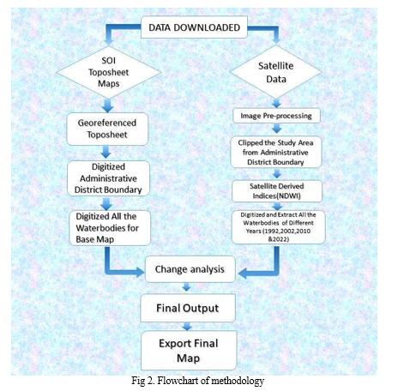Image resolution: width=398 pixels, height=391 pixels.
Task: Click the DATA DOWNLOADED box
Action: [x=194, y=27]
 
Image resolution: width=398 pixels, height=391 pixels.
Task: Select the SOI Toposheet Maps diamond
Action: [x=109, y=72]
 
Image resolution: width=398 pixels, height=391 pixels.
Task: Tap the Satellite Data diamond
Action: [x=276, y=72]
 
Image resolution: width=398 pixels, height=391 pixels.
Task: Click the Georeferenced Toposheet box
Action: [x=107, y=129]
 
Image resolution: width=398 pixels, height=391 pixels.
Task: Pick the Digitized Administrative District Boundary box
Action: [x=108, y=178]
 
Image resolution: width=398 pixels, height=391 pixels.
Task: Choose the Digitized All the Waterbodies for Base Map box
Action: [x=110, y=228]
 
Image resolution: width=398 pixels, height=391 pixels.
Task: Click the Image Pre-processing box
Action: [x=276, y=116]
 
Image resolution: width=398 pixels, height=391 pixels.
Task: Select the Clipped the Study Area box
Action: [x=276, y=152]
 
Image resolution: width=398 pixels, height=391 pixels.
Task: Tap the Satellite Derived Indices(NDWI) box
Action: [x=277, y=191]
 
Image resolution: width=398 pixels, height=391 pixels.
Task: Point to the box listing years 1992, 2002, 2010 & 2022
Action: [x=279, y=227]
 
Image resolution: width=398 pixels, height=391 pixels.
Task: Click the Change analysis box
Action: [x=190, y=269]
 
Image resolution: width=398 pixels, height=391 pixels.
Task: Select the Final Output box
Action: [x=188, y=308]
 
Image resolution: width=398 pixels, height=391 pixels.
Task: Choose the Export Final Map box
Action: [x=189, y=350]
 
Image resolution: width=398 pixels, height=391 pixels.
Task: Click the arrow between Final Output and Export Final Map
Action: [x=187, y=326]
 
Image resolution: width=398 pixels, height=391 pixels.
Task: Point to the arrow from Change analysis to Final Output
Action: [x=186, y=287]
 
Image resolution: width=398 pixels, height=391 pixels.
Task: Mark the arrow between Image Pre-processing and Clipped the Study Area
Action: [x=277, y=129]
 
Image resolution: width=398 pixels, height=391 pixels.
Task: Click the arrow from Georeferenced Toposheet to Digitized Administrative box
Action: [x=106, y=152]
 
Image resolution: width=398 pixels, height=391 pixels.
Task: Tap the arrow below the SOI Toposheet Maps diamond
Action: [x=107, y=105]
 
